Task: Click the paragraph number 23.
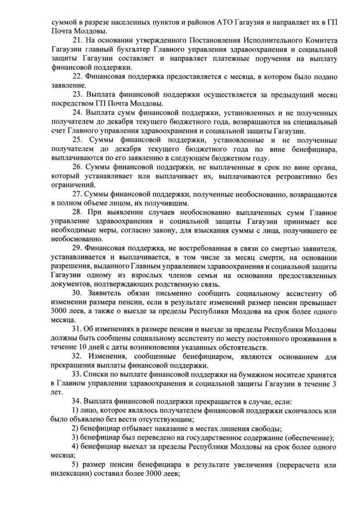pos(77,94)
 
